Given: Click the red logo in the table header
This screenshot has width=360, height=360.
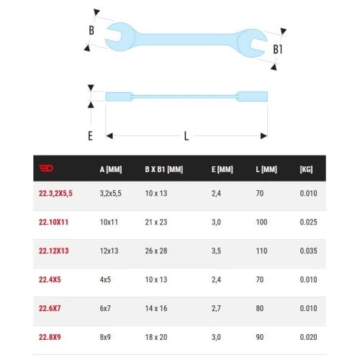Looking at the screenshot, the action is (46, 168).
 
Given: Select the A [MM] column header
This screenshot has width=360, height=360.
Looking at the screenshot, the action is (111, 169).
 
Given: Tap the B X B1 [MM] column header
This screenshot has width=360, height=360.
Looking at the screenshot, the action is (164, 169).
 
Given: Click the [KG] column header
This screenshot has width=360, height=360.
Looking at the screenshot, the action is (306, 169).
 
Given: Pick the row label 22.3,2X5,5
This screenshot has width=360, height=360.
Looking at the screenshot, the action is (55, 193).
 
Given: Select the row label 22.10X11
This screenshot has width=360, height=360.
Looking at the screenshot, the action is (54, 222).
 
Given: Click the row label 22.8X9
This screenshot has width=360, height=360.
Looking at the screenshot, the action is (50, 337).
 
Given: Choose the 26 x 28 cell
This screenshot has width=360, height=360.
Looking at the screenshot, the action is (156, 251).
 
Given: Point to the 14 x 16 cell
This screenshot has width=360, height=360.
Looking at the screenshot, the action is (156, 308).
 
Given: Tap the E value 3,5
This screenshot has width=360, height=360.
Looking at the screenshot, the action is (216, 251).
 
